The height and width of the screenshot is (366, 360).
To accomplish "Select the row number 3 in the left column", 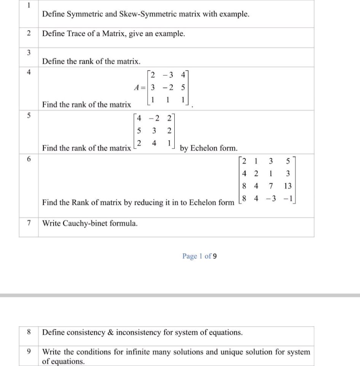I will pyautogui.click(x=29, y=52).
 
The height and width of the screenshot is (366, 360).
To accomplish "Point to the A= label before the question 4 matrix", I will pyautogui.click(x=139, y=86).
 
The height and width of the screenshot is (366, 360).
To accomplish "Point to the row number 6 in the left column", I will pyautogui.click(x=29, y=161).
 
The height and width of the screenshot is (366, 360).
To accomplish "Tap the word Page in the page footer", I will pyautogui.click(x=189, y=256).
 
